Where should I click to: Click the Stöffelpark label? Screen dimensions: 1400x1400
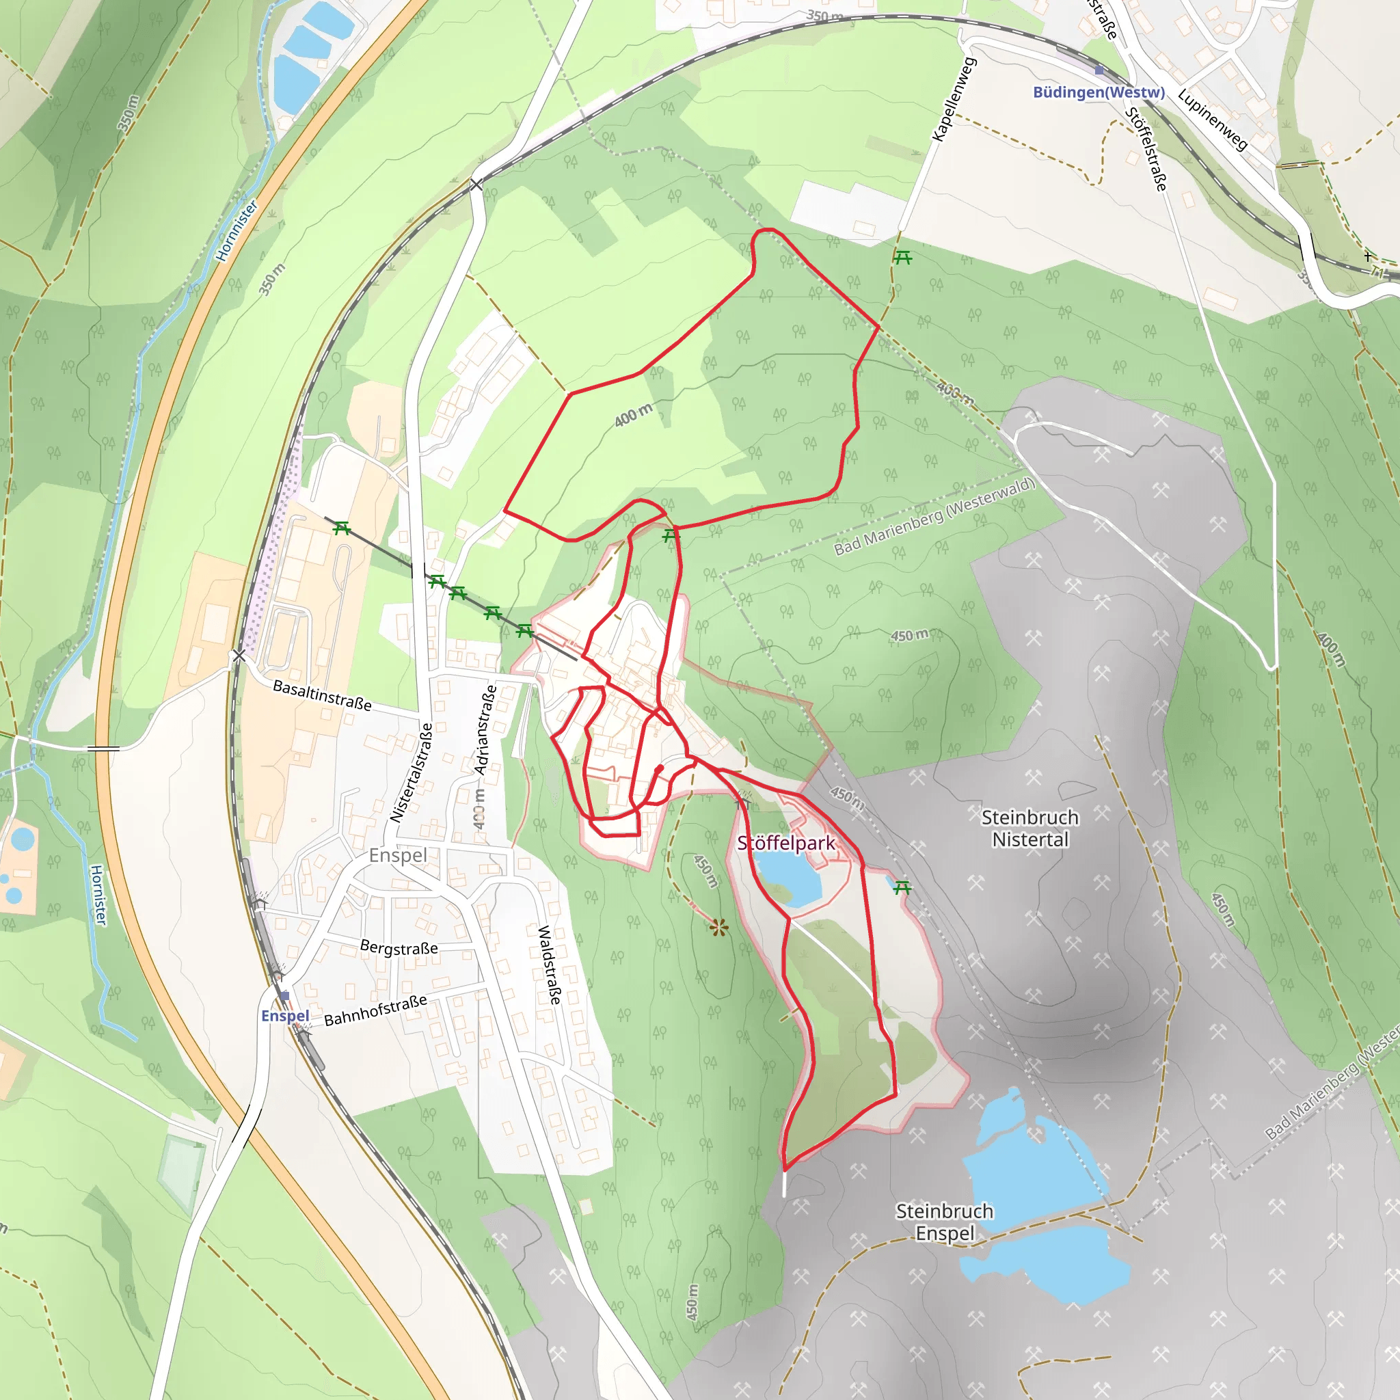[785, 844]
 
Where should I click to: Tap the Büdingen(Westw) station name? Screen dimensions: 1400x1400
[1099, 92]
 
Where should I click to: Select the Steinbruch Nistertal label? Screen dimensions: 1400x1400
[1029, 829]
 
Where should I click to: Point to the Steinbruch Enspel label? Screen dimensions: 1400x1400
[944, 1222]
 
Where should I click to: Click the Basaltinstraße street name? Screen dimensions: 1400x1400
[322, 695]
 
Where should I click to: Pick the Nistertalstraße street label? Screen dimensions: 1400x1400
[412, 772]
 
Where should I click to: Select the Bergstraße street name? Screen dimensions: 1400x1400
[399, 948]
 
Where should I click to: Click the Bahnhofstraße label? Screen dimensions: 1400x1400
[375, 1010]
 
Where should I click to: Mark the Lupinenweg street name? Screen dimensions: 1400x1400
[1212, 120]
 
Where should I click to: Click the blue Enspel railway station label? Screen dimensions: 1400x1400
[285, 1016]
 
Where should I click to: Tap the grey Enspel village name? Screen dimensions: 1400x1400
[397, 855]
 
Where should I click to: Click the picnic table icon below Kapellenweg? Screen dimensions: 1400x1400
[902, 257]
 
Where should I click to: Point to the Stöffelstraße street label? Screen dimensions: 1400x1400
[1146, 149]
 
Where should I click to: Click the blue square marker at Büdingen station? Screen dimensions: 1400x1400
[1099, 70]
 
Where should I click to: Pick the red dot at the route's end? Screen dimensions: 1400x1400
[660, 768]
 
